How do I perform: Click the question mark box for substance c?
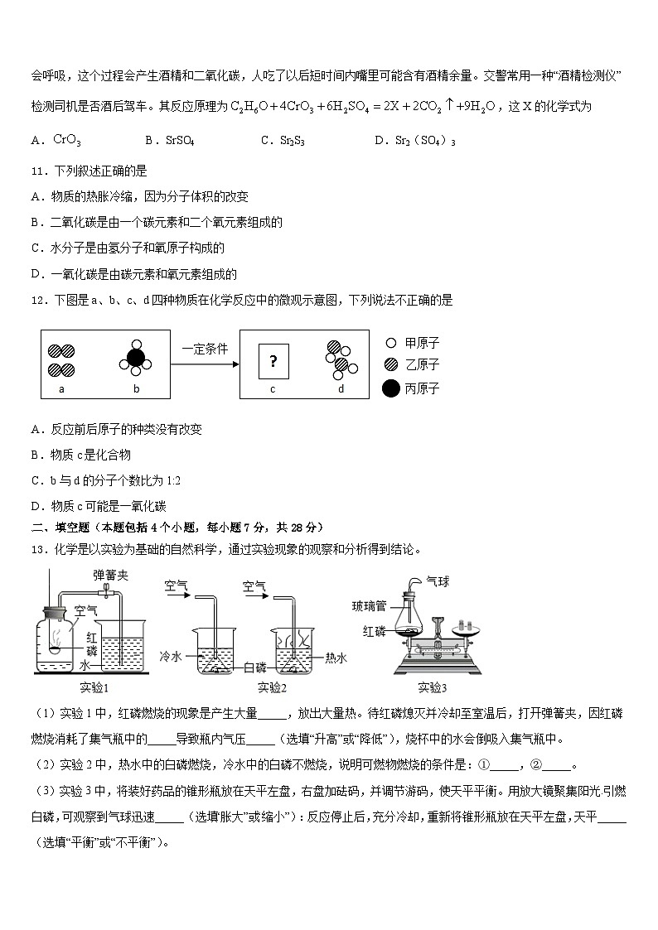coord(273,360)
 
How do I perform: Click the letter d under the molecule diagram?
coord(341,388)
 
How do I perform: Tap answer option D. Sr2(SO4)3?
coord(414,141)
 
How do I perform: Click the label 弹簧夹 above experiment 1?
coord(109,574)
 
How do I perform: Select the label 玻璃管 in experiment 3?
coord(369,605)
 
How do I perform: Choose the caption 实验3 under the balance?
coord(432,687)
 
